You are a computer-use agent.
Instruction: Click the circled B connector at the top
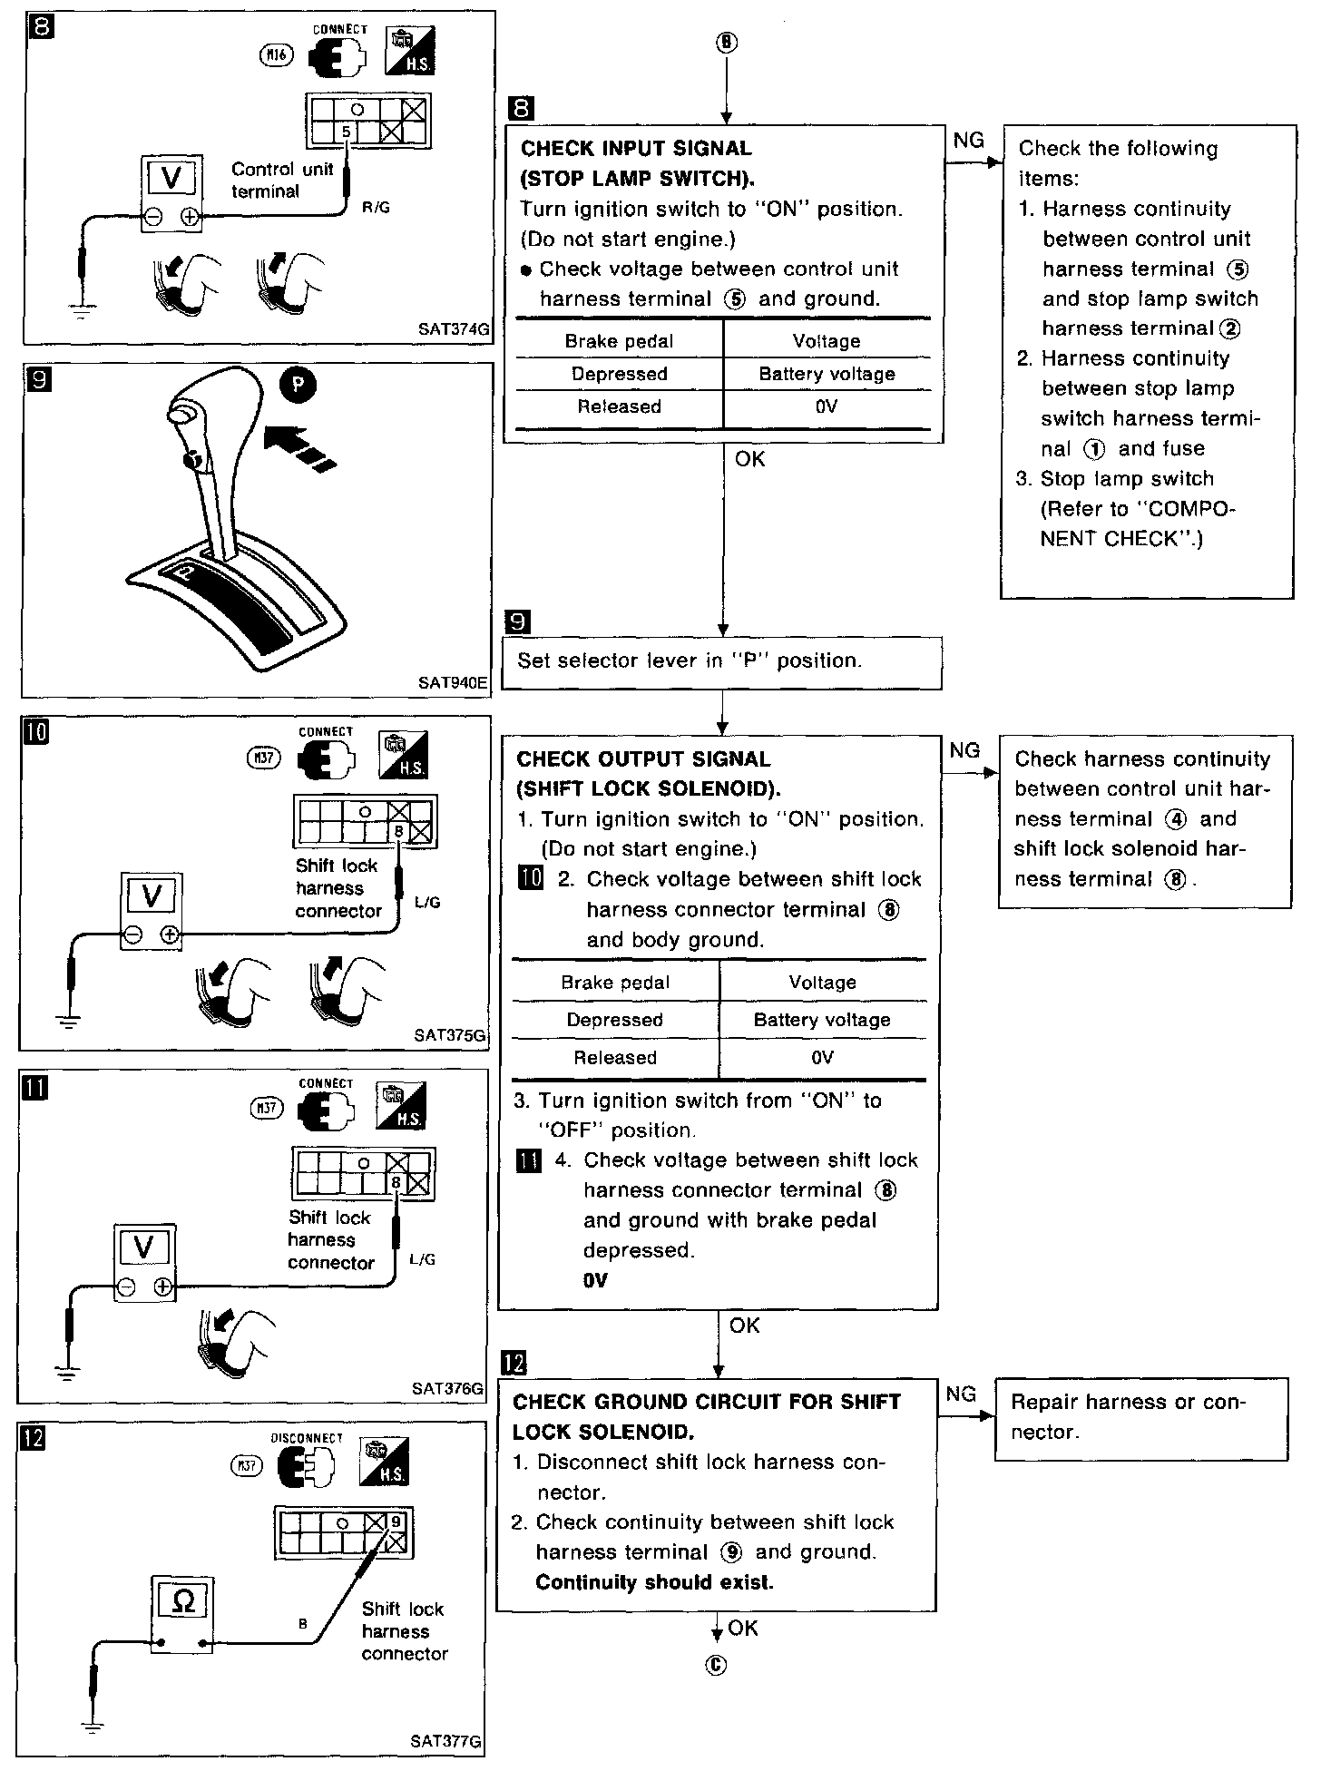pyautogui.click(x=726, y=43)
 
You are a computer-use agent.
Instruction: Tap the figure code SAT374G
pyautogui.click(x=454, y=330)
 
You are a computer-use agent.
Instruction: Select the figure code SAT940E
pyautogui.click(x=454, y=681)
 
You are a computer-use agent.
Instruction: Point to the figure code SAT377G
pyautogui.click(x=445, y=1741)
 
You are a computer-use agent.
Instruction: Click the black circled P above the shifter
pyautogui.click(x=298, y=385)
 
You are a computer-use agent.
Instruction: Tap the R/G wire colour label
pyautogui.click(x=377, y=209)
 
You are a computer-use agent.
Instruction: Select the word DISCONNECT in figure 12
pyautogui.click(x=307, y=1438)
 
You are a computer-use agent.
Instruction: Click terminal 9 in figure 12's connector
pyautogui.click(x=396, y=1522)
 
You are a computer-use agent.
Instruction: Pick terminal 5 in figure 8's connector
pyautogui.click(x=346, y=132)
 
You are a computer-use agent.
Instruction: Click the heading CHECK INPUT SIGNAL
pyautogui.click(x=636, y=148)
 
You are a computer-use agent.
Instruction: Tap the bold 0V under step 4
pyautogui.click(x=595, y=1280)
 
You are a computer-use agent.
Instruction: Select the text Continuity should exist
pyautogui.click(x=654, y=1582)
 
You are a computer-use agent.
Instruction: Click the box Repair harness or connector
pyautogui.click(x=1140, y=1417)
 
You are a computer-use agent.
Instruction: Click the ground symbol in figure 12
pyautogui.click(x=91, y=1727)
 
